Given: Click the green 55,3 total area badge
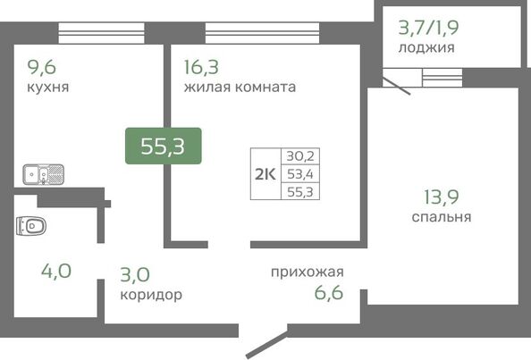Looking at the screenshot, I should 163,147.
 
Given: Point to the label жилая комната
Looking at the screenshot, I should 240,88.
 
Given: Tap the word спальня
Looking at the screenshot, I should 442,216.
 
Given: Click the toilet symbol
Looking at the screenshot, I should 29,225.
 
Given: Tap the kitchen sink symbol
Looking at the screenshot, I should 43,173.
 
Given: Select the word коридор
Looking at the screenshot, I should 151,294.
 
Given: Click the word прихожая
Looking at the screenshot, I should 308,272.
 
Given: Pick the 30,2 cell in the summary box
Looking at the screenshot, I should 301,156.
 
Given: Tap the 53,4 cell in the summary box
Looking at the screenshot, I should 301,173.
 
